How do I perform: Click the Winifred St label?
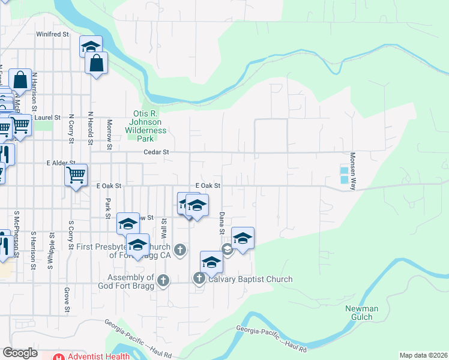pos(53,34)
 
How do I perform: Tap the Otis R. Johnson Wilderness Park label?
pos(149,125)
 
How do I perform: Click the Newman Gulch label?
pos(361,313)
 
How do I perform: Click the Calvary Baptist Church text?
pos(250,279)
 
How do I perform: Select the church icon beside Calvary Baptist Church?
pos(199,278)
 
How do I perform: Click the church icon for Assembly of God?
pos(163,280)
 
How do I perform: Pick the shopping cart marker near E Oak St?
pos(76,175)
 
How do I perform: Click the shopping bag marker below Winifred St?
pos(96,63)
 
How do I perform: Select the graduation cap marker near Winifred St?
pos(91,47)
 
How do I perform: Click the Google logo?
pos(20,353)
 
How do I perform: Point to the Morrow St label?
pos(110,134)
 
